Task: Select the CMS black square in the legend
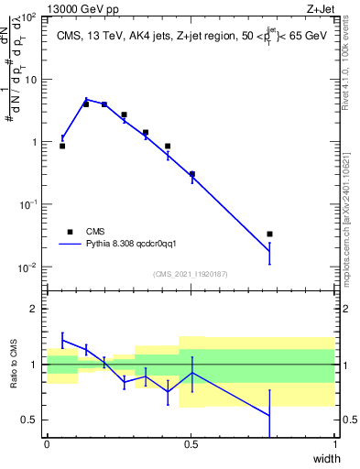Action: [x=70, y=232]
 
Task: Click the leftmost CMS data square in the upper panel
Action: [x=62, y=146]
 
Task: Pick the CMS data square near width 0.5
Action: [x=191, y=174]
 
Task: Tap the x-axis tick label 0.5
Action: [x=191, y=444]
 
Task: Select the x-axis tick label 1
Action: [x=336, y=444]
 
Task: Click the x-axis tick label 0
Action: [x=47, y=444]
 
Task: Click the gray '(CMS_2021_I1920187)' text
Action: [x=191, y=274]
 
